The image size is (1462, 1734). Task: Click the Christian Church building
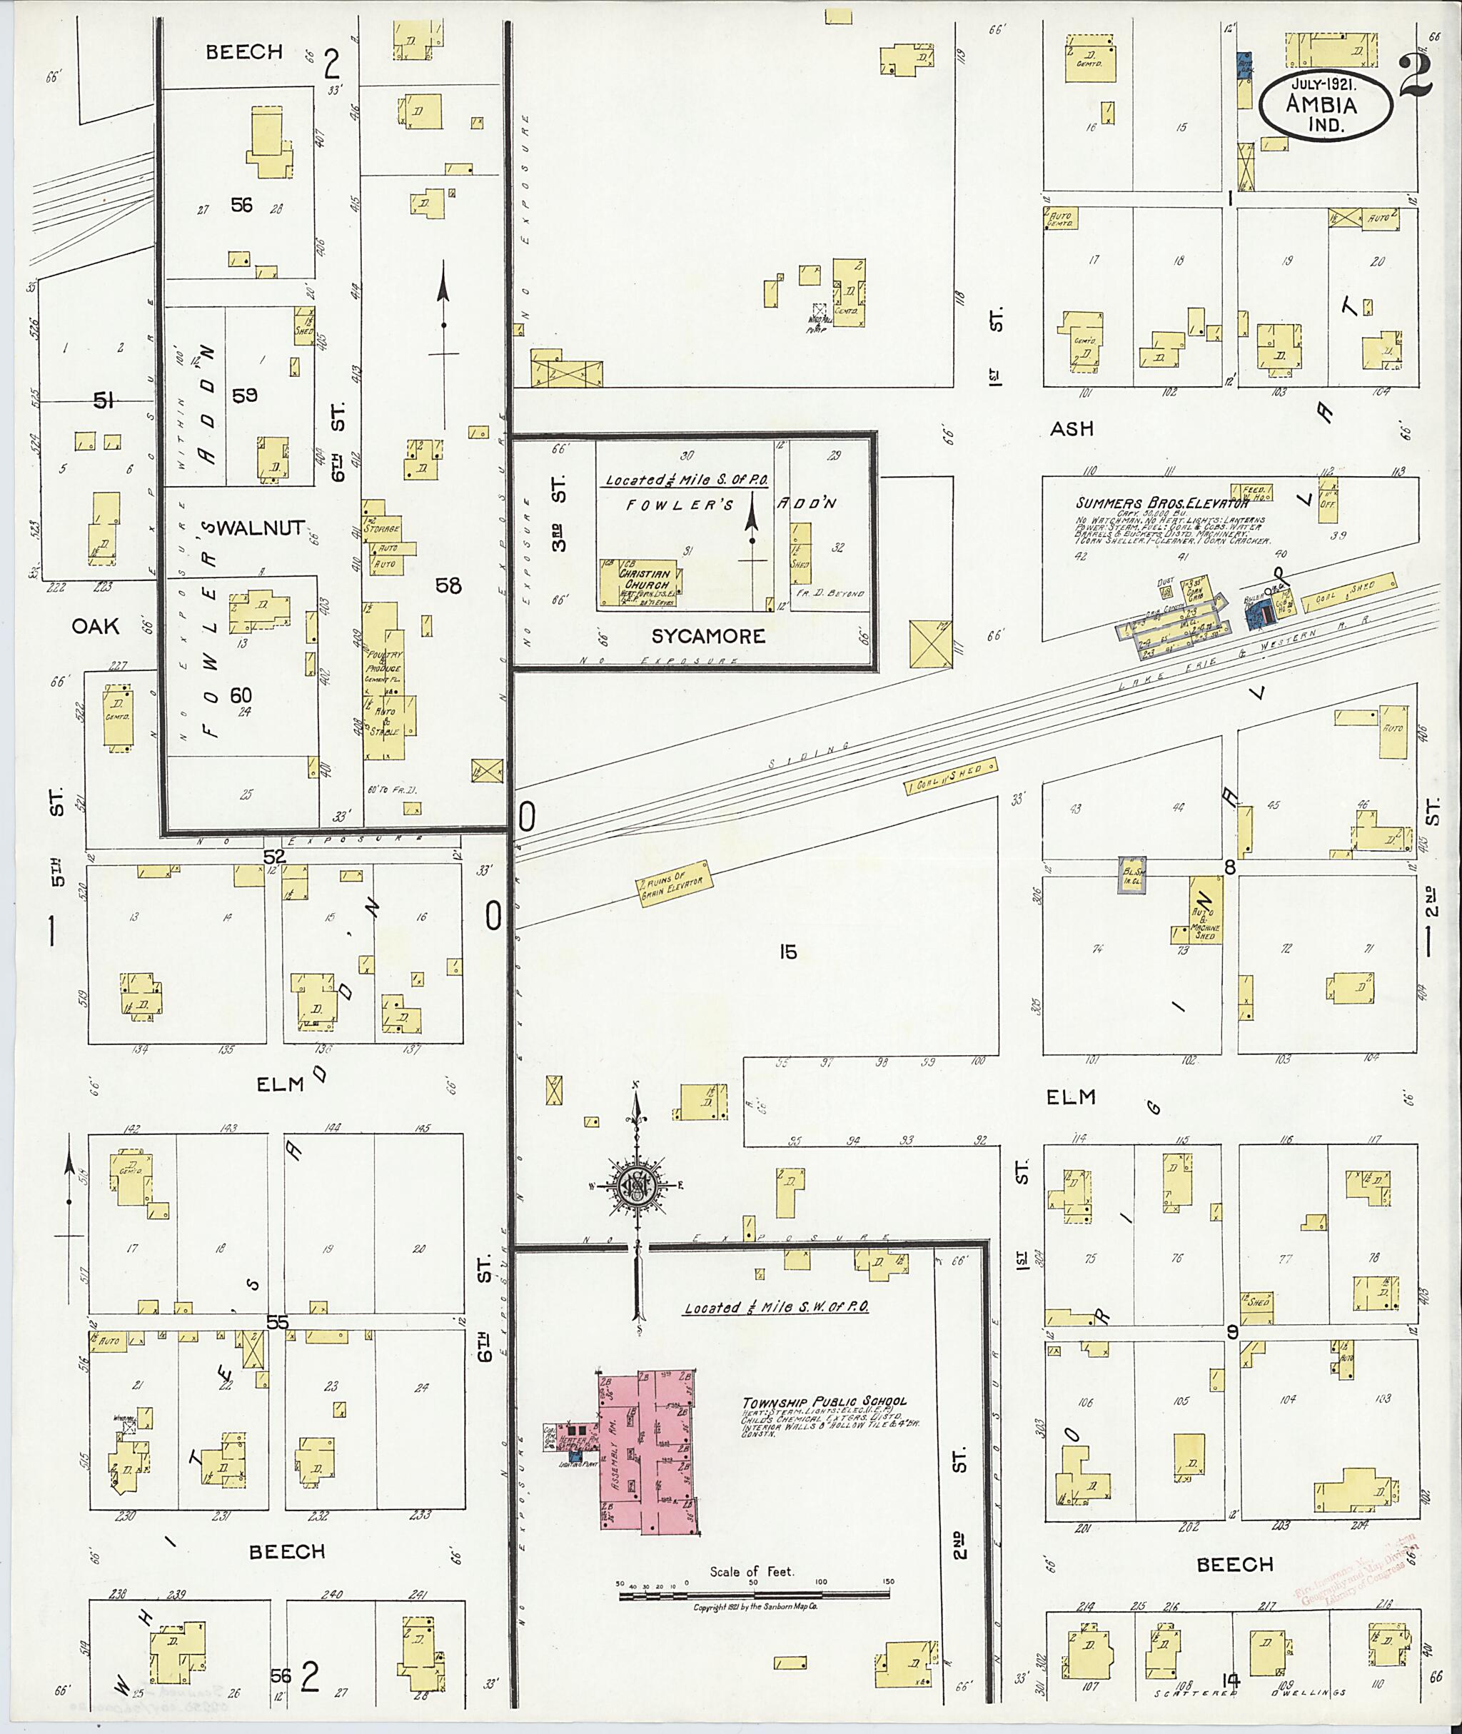point(640,585)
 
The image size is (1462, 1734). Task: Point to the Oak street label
point(96,627)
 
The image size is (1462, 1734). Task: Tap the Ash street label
point(1072,428)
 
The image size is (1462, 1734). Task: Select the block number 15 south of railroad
point(787,952)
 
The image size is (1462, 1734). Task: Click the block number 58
point(448,586)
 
